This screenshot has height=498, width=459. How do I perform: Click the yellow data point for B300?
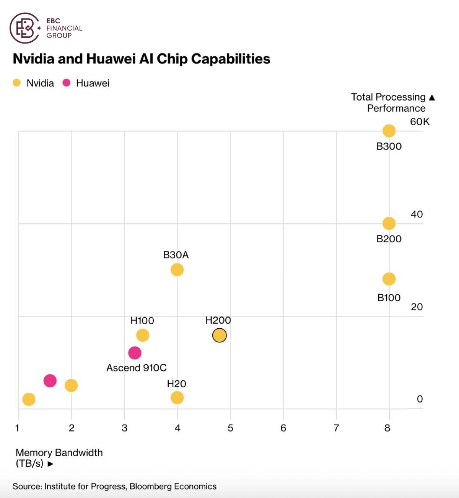point(389,131)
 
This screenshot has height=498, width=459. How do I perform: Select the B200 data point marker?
point(389,223)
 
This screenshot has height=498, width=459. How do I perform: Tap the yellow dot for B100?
point(389,279)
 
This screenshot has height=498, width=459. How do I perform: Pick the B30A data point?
point(177,270)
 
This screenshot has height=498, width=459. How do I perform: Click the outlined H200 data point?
point(220,335)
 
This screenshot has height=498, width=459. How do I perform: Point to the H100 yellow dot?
point(143,335)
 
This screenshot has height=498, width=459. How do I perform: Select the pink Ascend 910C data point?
point(135,353)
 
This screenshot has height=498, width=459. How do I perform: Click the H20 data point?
point(177,397)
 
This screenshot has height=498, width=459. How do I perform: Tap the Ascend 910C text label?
point(137,368)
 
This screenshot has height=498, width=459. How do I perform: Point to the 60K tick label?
point(420,122)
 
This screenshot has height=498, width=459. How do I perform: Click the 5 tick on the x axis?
point(230,428)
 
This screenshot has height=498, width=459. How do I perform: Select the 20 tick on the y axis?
point(417,307)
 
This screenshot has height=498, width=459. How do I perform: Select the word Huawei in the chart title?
point(111,59)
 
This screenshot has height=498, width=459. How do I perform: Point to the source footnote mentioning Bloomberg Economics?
point(114,486)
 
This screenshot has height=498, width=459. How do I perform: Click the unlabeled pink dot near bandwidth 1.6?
point(50,381)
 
